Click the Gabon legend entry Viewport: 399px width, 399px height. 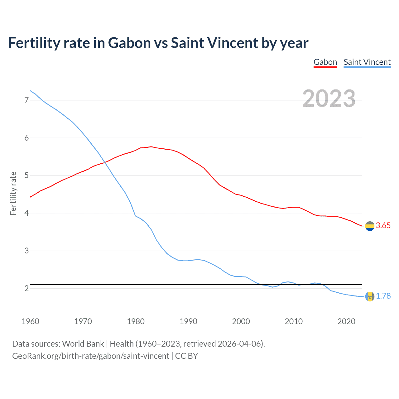click(325, 62)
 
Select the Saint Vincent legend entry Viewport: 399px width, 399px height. click(367, 62)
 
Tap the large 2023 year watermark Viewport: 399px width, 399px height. click(329, 99)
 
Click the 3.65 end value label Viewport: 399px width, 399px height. click(383, 226)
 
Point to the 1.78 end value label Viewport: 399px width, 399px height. click(383, 296)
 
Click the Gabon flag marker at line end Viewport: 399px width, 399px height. click(370, 226)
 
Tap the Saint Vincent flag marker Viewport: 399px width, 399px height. click(370, 296)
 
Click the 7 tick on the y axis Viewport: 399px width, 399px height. click(26, 100)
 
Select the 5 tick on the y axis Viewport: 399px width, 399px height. click(26, 175)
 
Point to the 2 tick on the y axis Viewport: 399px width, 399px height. click(26, 288)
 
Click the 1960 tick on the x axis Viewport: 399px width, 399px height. click(30, 321)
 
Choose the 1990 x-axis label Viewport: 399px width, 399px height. click(188, 321)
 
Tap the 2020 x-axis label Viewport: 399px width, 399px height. click(346, 321)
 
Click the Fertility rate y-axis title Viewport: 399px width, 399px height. click(13, 193)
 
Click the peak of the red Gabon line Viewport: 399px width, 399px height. click(151, 147)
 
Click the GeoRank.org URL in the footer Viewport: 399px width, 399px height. click(90, 356)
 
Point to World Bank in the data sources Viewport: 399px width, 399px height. click(83, 344)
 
